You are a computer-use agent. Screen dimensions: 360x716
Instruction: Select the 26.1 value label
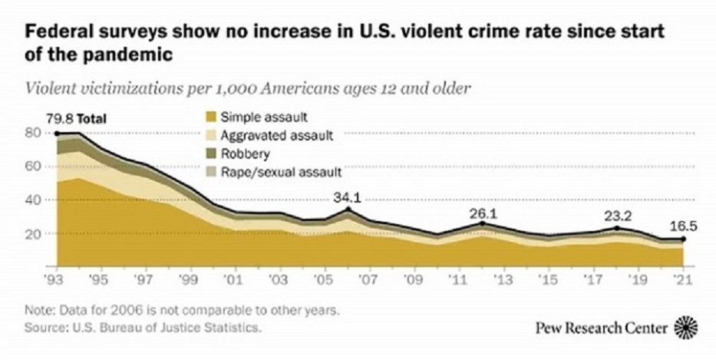(x=483, y=213)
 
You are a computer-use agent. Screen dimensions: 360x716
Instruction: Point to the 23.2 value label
(x=618, y=217)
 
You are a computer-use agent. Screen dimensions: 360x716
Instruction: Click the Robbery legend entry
(x=241, y=154)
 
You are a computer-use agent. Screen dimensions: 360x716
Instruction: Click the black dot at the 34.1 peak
(x=348, y=209)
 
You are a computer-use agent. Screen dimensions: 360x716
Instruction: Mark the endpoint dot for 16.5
(x=685, y=239)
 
